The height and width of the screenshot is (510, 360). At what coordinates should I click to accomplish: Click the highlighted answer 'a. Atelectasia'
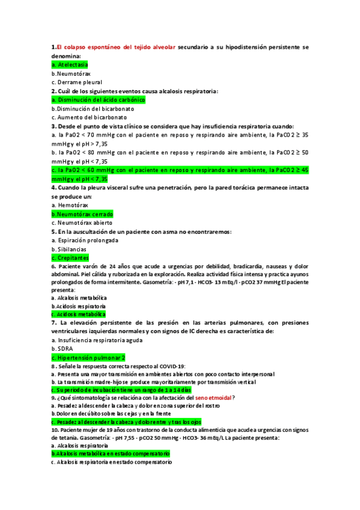click(70, 64)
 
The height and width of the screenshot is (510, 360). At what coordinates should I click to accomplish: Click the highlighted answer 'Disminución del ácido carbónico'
click(99, 100)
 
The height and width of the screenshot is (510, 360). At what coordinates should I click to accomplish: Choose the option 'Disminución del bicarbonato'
click(93, 109)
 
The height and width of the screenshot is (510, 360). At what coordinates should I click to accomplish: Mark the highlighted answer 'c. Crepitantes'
click(72, 258)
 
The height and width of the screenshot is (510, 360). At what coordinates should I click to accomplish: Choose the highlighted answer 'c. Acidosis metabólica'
click(78, 314)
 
